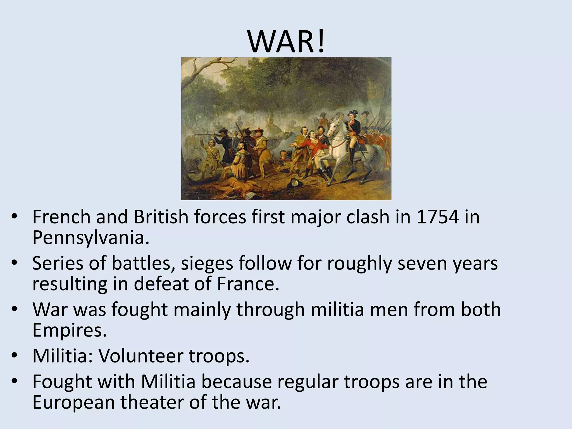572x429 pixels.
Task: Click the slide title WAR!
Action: coord(286,42)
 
